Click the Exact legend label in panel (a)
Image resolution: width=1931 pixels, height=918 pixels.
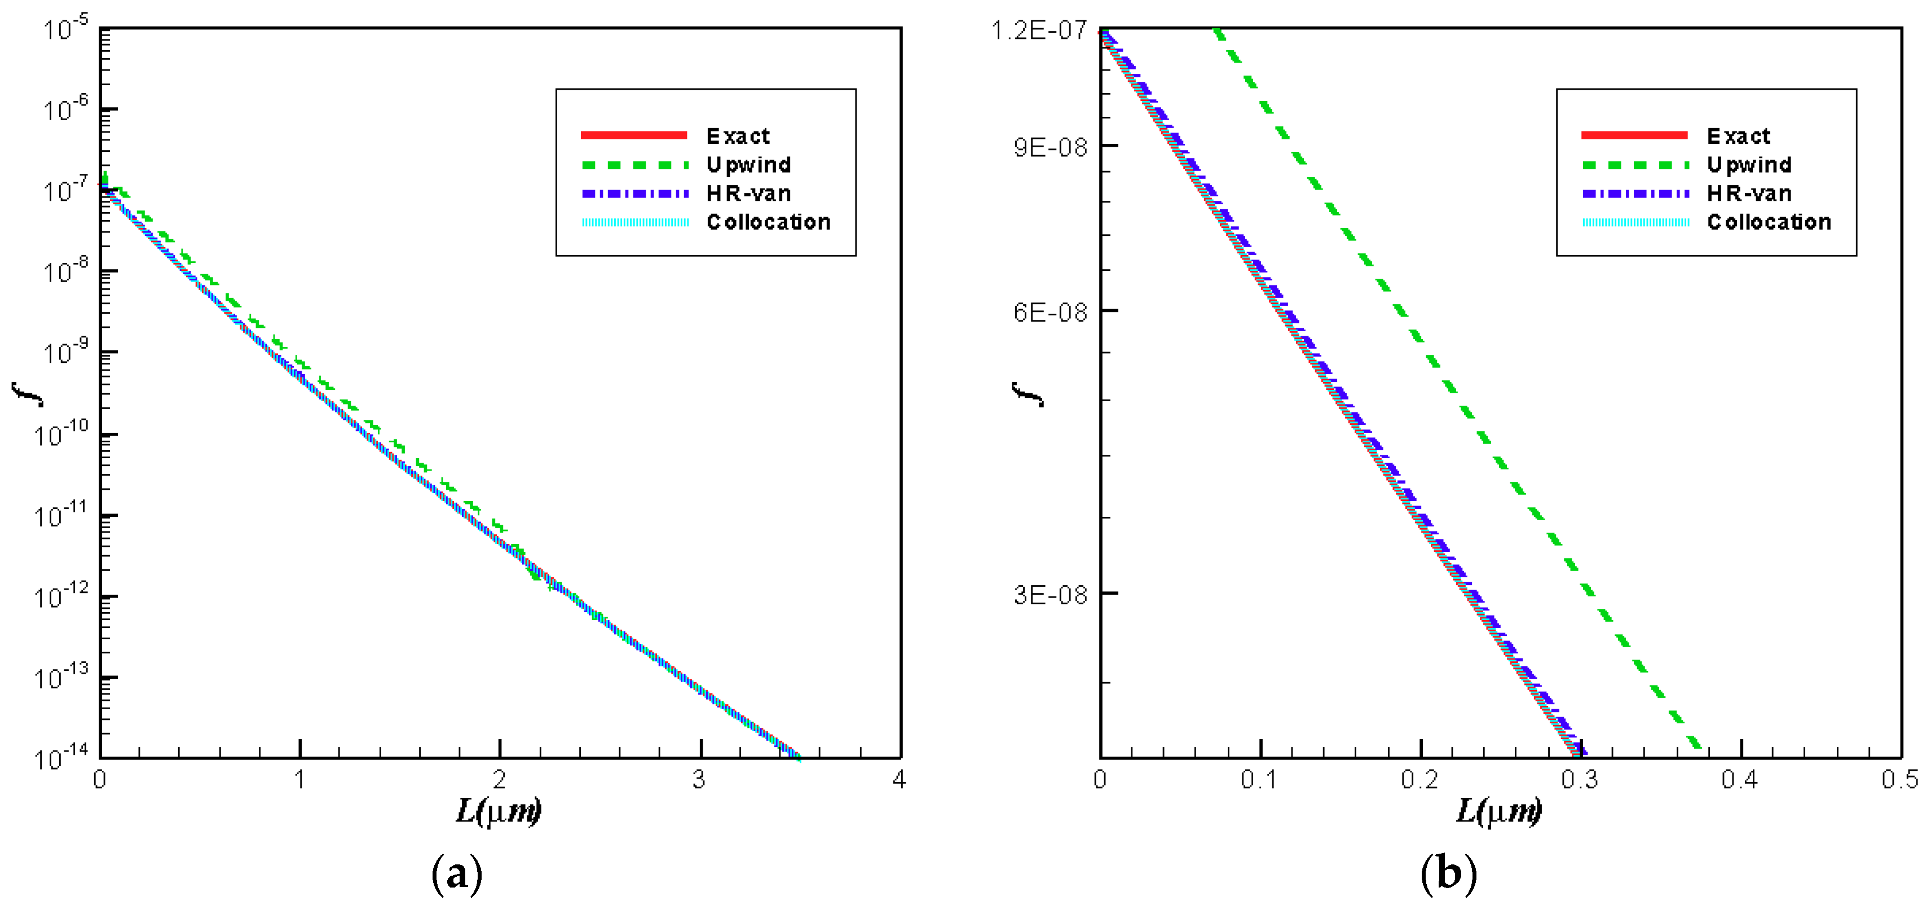(738, 136)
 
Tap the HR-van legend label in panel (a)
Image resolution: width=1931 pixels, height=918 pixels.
(748, 194)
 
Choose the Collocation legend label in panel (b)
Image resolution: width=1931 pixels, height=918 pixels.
(1769, 222)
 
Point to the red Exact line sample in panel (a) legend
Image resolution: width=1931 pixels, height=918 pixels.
(634, 135)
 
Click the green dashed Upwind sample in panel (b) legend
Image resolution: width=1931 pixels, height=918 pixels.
(1635, 165)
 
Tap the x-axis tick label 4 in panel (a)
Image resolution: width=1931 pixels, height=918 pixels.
(899, 780)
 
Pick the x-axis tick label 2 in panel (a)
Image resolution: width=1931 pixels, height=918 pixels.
(499, 780)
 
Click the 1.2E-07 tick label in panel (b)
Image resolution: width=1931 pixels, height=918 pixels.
(1039, 30)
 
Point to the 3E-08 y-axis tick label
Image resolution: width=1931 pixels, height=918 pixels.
(1050, 595)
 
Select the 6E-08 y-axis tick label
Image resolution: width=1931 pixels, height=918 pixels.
(1050, 311)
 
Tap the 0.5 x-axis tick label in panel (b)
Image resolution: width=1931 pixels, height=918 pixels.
(1899, 780)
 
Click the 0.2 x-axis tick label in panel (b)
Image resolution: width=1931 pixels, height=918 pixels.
(1419, 780)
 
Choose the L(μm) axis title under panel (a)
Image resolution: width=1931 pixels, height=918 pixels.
(499, 811)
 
